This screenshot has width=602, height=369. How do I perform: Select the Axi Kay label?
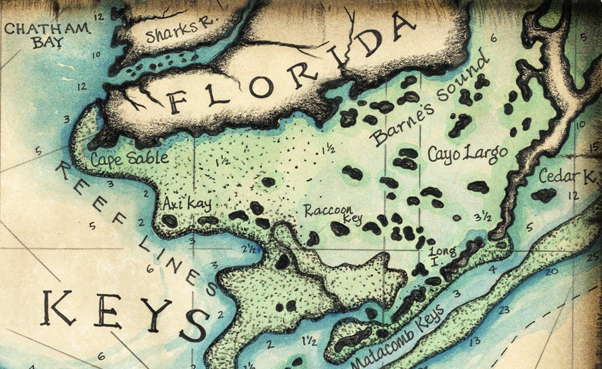187,203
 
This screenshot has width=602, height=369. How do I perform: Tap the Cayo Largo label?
467,153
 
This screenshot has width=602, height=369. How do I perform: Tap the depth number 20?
550,271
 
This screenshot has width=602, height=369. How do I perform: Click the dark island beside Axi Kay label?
169,221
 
